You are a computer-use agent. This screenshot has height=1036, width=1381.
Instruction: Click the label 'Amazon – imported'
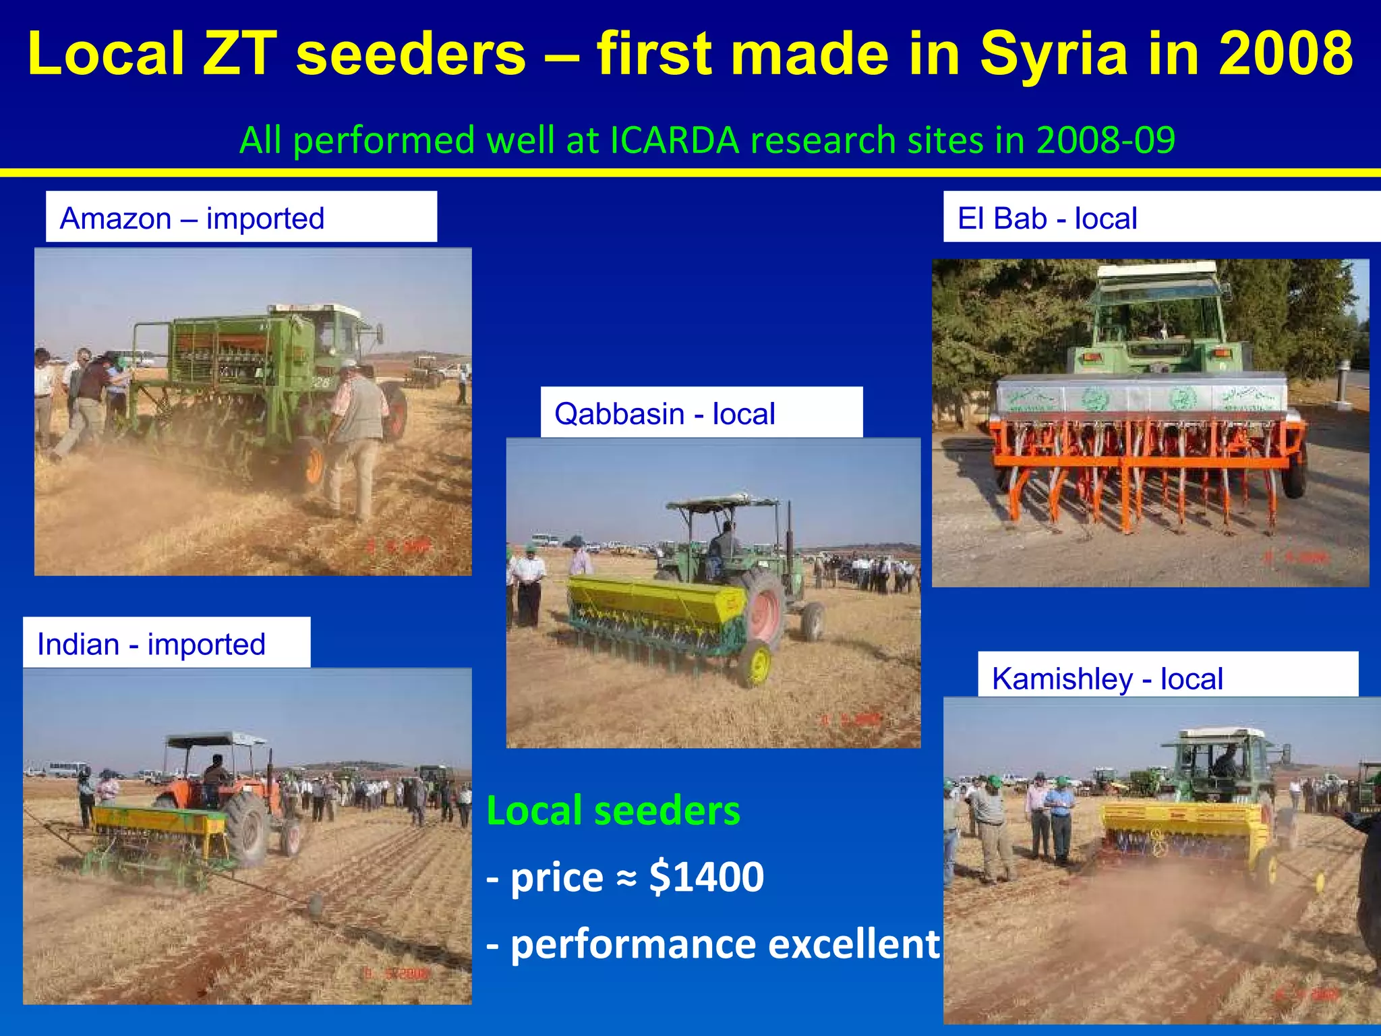(192, 219)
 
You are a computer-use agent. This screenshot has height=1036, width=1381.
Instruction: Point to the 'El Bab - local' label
(1047, 219)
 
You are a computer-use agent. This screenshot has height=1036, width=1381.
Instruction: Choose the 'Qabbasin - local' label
(665, 413)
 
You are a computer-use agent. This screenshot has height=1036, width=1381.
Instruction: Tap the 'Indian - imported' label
(151, 644)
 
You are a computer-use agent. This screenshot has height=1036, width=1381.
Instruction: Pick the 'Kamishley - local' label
(1107, 679)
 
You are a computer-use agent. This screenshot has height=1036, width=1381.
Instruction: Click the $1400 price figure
(706, 877)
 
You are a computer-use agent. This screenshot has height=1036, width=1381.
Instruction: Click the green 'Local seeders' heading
(613, 811)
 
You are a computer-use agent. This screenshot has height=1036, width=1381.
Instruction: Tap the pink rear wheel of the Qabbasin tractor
(764, 609)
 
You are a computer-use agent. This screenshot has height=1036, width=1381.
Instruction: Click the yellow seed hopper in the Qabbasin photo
(647, 600)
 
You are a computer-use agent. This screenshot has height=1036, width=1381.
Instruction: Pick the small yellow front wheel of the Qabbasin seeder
(758, 664)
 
